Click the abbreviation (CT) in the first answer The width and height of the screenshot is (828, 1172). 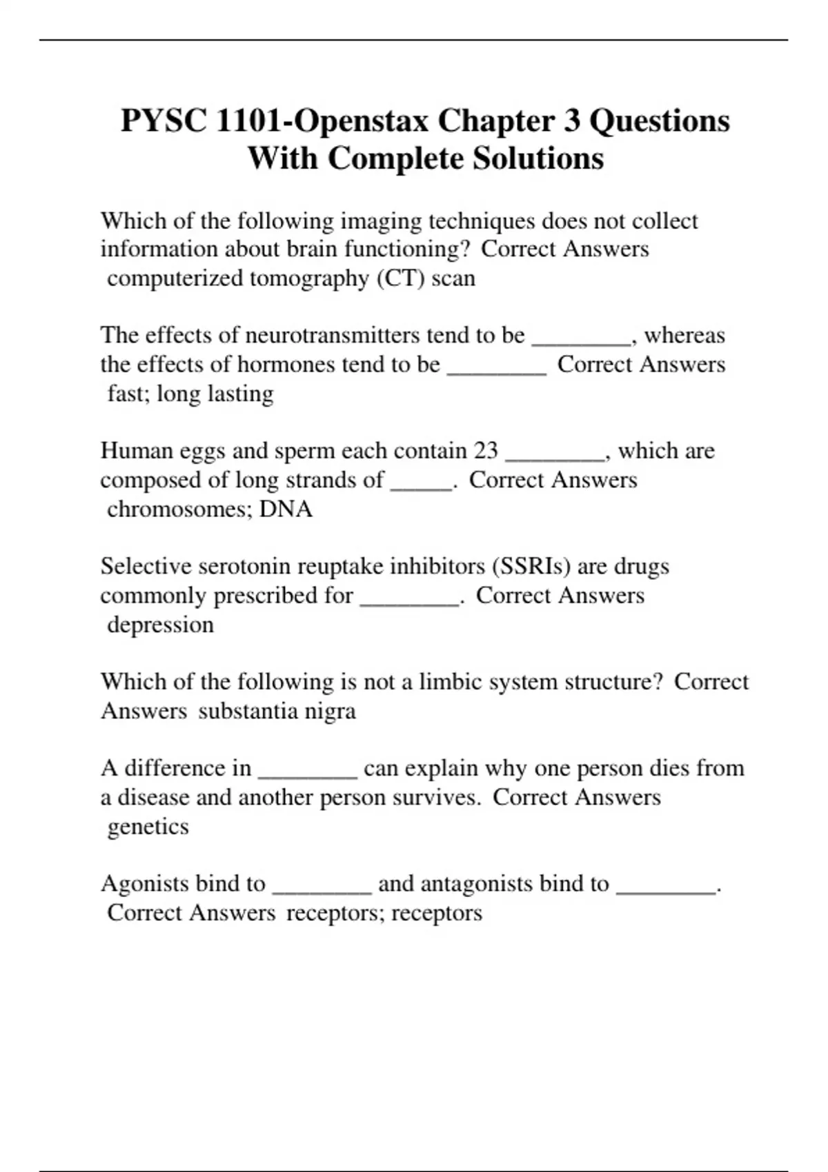[x=401, y=279]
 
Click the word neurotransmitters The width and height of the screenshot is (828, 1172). [x=333, y=336]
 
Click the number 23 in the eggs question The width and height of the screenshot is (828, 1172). [x=486, y=451]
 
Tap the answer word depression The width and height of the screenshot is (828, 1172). [x=160, y=625]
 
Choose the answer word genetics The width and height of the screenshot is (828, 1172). [x=148, y=827]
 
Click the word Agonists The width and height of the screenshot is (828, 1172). [x=145, y=884]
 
